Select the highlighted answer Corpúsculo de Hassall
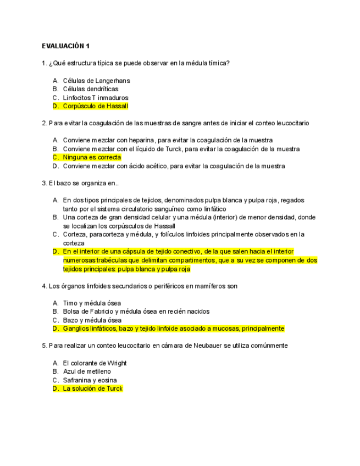95,106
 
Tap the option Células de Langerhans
96,80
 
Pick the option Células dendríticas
90,89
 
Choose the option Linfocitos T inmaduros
95,98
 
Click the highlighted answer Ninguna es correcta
92,157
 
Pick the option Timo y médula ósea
92,303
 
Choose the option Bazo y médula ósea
92,320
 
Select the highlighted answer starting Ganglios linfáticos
173,329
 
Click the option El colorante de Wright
95,363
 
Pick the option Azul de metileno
86,371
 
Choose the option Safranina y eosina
90,380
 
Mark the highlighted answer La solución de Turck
92,389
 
